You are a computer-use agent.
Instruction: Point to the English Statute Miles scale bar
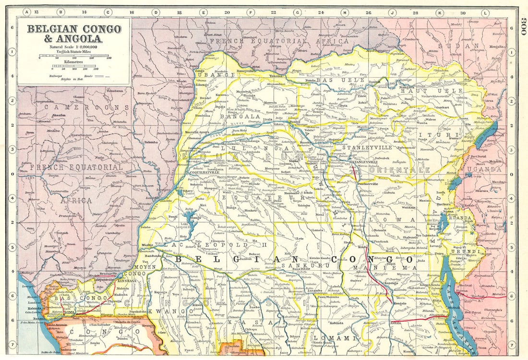coord(74,57)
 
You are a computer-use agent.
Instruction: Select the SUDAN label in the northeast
coord(462,46)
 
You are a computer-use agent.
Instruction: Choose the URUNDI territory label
coord(464,251)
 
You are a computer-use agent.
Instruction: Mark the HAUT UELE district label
coord(442,90)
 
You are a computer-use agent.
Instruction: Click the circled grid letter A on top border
coord(27,12)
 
